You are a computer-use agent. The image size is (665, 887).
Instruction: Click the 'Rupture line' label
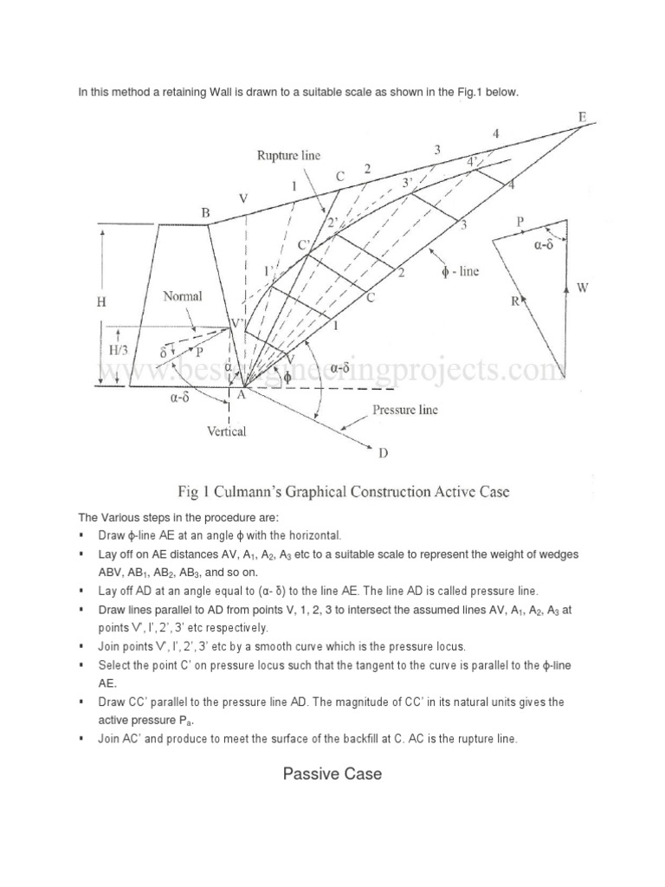(x=288, y=156)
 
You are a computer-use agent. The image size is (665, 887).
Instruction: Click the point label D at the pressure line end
(x=384, y=451)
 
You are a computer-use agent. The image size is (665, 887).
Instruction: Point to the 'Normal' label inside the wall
(x=183, y=296)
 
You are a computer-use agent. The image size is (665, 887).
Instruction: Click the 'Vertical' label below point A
(x=227, y=431)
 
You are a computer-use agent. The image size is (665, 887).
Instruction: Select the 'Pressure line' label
(x=404, y=410)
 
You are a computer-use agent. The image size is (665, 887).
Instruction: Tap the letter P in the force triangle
(x=520, y=222)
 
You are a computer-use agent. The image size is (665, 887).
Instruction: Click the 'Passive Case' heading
(x=332, y=774)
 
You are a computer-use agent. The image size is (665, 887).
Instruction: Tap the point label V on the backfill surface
(x=243, y=199)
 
